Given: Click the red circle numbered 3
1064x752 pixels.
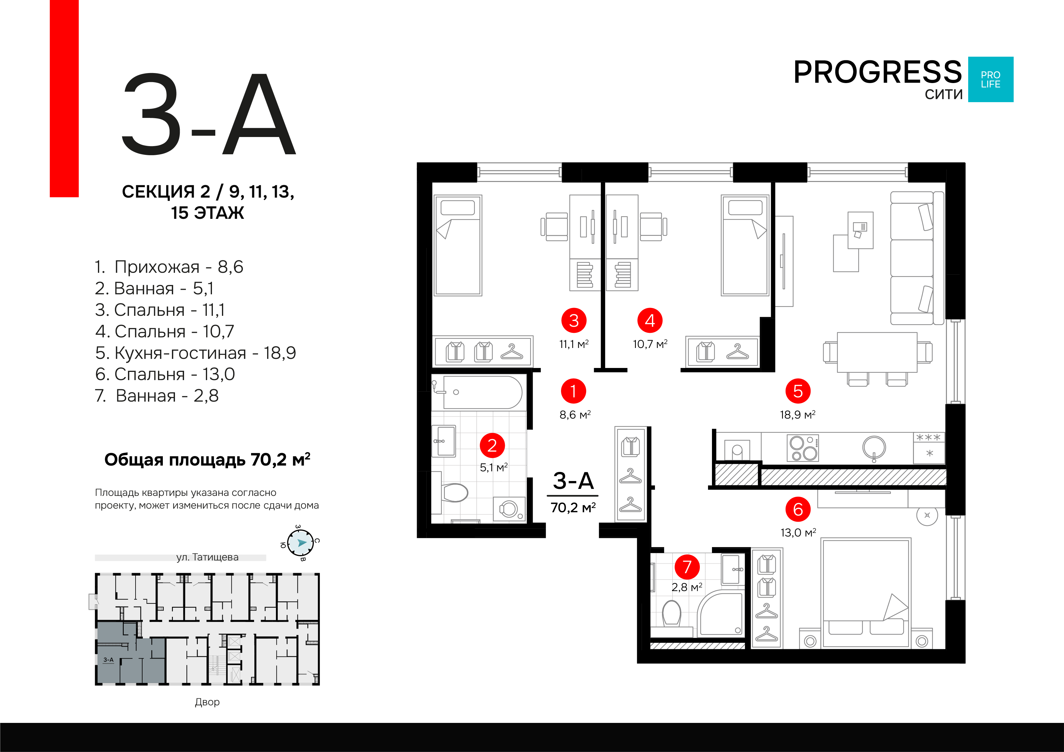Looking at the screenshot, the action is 574,320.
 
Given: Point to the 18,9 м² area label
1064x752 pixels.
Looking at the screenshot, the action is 797,415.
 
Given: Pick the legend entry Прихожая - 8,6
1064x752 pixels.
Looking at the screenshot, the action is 169,267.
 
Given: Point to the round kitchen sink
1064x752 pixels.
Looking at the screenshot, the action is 874,448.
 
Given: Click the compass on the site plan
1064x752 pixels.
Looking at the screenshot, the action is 301,543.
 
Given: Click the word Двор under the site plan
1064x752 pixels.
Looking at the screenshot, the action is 207,702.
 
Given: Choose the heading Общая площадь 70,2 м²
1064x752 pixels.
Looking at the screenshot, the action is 207,460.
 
